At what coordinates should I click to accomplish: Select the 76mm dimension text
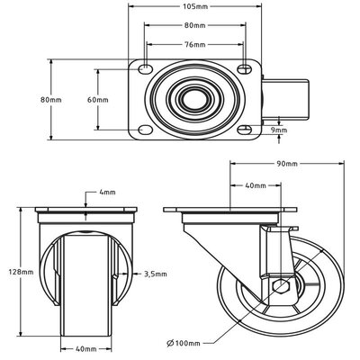194,44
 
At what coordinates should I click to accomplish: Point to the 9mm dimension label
280,130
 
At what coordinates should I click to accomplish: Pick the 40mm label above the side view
255,186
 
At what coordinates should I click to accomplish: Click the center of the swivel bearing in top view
193,99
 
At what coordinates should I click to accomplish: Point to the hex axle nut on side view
278,288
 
